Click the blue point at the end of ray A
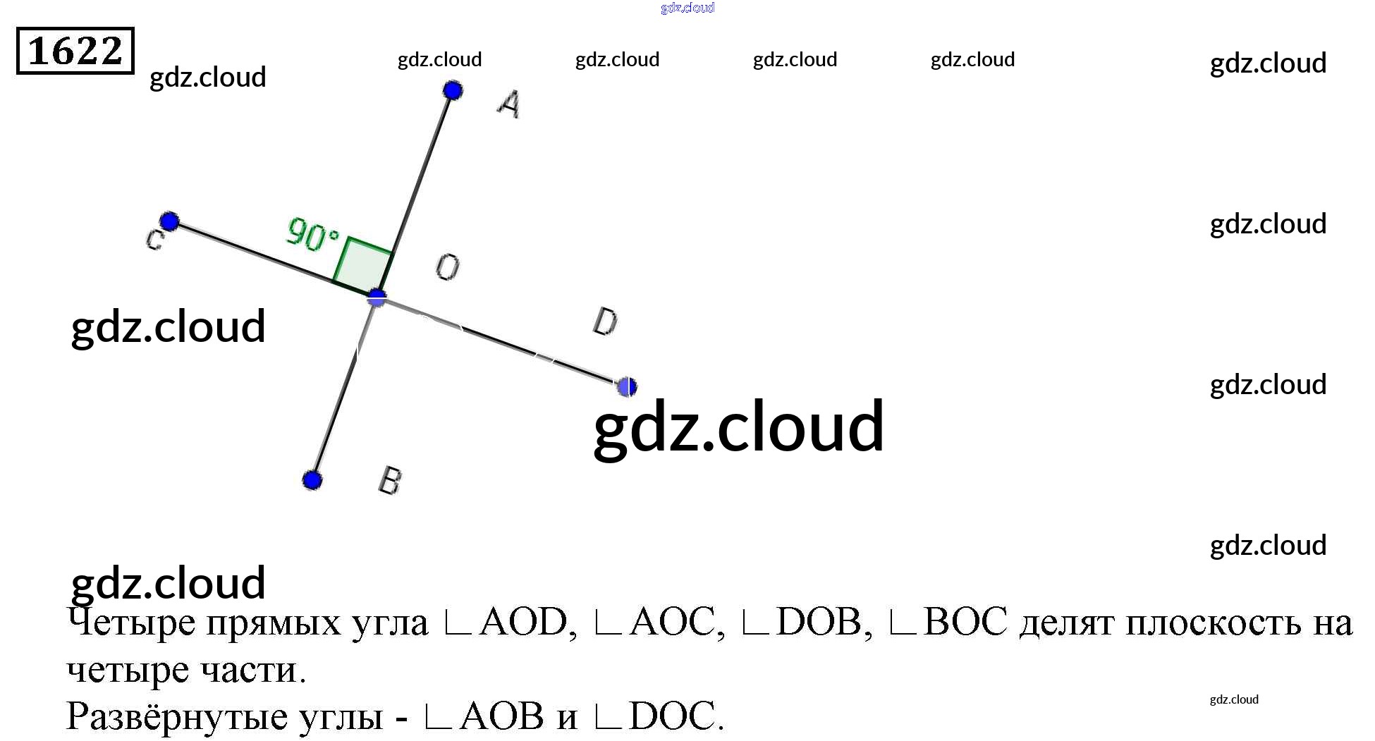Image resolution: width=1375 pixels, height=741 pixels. [453, 90]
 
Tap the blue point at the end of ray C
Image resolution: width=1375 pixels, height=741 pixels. [169, 221]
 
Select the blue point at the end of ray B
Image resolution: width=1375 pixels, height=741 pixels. [312, 480]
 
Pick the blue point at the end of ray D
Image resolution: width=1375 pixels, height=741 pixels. [626, 386]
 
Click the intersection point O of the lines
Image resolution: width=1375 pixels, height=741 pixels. [377, 298]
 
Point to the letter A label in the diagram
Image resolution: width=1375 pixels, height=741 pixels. [509, 104]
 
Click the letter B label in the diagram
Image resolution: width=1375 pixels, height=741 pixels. [390, 481]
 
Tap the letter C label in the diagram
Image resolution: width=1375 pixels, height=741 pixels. [154, 240]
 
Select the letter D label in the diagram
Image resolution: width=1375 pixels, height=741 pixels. [605, 322]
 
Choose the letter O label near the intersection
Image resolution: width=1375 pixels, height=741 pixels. [447, 267]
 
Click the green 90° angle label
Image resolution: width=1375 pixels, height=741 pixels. [312, 234]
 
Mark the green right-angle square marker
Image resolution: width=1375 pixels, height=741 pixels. [363, 264]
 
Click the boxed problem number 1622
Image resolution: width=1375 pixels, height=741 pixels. [75, 51]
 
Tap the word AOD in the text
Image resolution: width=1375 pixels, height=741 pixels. [522, 622]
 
